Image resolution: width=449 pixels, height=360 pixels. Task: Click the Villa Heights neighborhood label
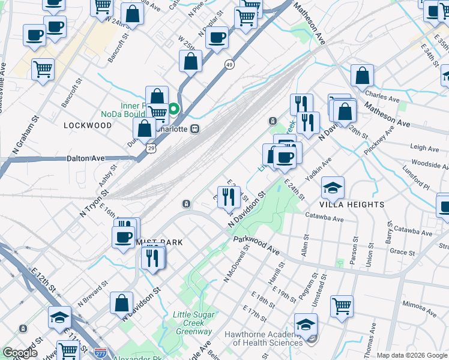point(352,205)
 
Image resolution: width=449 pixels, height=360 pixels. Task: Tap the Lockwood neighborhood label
point(88,125)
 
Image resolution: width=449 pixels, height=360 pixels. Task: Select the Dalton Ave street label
point(86,158)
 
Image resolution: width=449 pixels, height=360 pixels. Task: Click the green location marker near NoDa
point(173,109)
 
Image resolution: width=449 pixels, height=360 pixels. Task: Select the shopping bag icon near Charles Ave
point(362,76)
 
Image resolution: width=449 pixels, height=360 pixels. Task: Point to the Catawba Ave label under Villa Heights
point(324,217)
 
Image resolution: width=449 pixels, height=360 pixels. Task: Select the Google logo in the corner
point(20,353)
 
